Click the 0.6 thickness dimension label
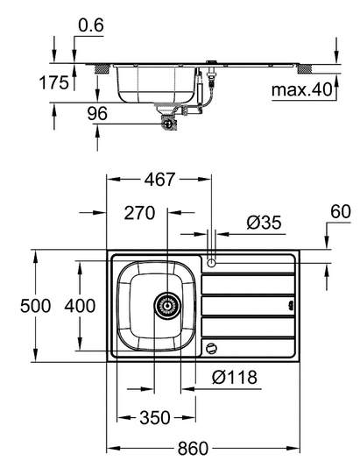tap(91, 25)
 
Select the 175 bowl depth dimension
tap(54, 82)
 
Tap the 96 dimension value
tap(97, 114)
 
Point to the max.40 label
tap(301, 89)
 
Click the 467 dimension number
tap(159, 180)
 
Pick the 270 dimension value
tap(139, 213)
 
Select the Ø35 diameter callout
tap(264, 223)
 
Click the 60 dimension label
tap(341, 211)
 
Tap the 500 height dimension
tap(36, 306)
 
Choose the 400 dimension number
tap(80, 306)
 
